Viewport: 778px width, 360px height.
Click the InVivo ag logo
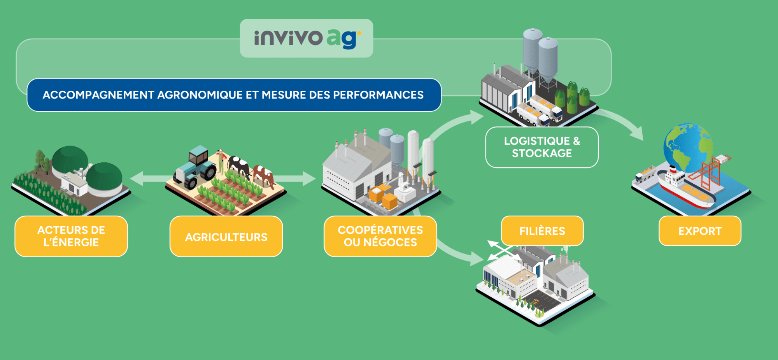tap(307, 38)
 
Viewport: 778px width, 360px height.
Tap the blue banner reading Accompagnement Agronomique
tap(233, 95)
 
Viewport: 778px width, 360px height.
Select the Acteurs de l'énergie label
tap(71, 236)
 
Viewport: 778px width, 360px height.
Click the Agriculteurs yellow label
tap(226, 237)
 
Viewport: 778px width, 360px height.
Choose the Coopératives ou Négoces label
tap(380, 236)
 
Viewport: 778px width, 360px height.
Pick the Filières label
tap(542, 231)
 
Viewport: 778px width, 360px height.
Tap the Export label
tap(699, 231)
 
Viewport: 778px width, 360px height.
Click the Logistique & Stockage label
tap(541, 147)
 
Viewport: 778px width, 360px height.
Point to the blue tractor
tap(196, 167)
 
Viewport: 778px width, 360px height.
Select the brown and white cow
tap(264, 175)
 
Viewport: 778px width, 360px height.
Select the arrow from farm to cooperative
tap(296, 179)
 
